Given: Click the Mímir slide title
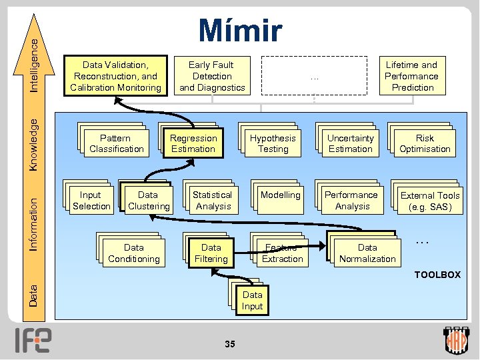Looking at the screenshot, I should point(240,31).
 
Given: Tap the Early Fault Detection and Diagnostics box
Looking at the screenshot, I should point(212,76).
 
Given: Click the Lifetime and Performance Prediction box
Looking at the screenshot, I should point(411,76).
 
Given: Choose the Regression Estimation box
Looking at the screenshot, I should point(193,143).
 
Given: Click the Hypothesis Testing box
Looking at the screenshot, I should point(273,143).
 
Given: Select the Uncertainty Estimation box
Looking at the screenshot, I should point(350,143).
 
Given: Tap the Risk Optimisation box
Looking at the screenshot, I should point(425,143).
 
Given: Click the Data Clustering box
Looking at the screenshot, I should point(148,201).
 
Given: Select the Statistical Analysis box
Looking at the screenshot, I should point(212,201).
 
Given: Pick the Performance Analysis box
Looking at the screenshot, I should point(351,201).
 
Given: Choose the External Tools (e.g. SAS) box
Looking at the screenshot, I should point(430,201).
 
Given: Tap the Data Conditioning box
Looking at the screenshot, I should point(133,253).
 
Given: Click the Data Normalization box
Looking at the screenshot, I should point(367,253).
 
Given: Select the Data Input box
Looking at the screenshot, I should point(252,301).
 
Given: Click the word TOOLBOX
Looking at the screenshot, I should point(437,275).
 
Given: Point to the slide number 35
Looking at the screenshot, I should point(230,344).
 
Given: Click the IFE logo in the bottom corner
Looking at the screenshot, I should point(34,340).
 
